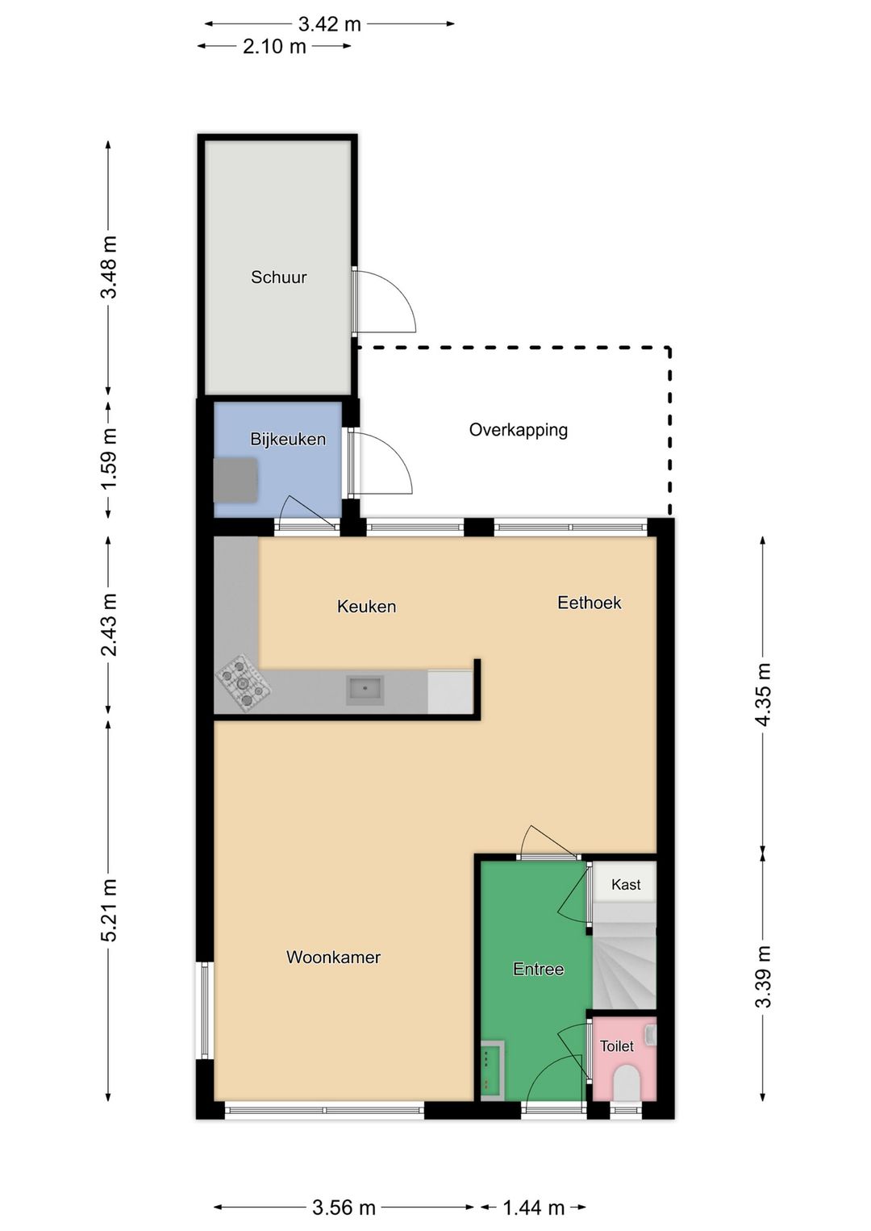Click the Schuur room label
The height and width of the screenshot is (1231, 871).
(278, 277)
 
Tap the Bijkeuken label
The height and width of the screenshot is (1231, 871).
(288, 439)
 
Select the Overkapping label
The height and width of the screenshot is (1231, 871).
(519, 430)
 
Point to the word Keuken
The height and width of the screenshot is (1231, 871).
(366, 606)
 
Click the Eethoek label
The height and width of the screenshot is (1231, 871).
(589, 603)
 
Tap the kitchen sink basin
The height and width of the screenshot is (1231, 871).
(365, 690)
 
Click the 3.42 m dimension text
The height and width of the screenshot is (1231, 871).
(330, 24)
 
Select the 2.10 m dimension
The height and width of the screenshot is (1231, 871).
(275, 46)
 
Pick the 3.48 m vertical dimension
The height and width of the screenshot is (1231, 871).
(110, 267)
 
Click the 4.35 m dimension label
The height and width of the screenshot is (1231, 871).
(763, 695)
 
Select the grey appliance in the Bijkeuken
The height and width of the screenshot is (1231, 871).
(235, 480)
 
